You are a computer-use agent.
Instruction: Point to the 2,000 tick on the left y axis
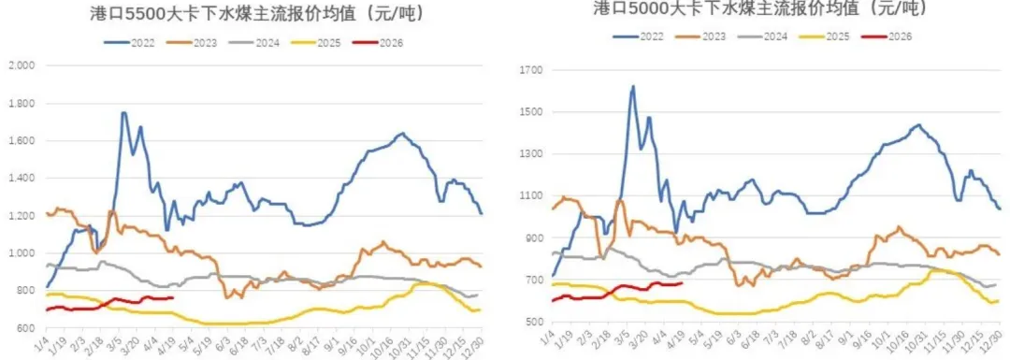pyautogui.click(x=20, y=65)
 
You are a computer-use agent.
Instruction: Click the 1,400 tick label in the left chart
pyautogui.click(x=20, y=178)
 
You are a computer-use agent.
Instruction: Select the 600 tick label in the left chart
pyautogui.click(x=23, y=328)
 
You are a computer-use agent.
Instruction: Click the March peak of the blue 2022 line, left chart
pyautogui.click(x=123, y=113)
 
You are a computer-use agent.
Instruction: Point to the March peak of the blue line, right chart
pyautogui.click(x=633, y=87)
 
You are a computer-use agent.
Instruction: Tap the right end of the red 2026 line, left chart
pyautogui.click(x=173, y=298)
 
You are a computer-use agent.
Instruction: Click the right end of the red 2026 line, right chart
pyautogui.click(x=682, y=283)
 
